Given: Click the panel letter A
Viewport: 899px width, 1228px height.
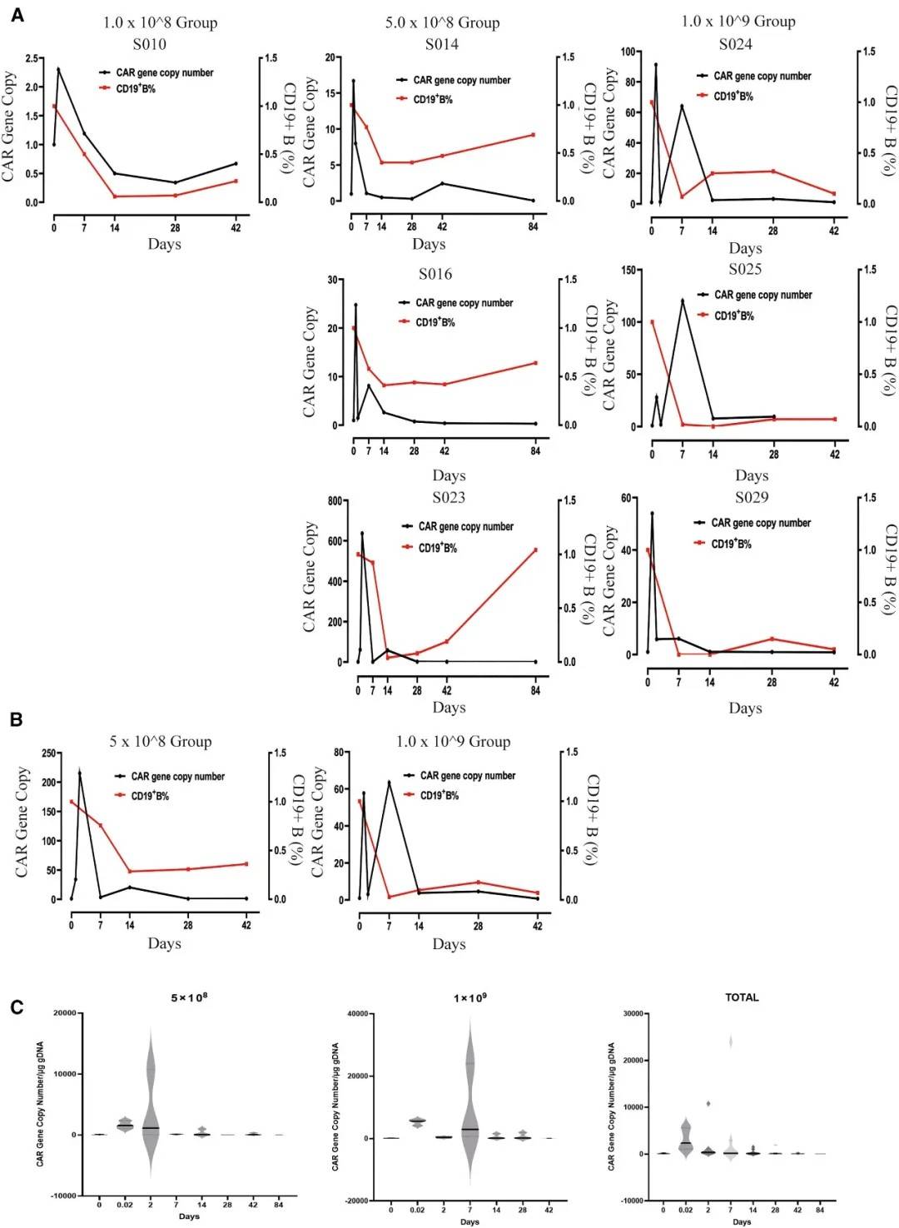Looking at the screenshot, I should [17, 15].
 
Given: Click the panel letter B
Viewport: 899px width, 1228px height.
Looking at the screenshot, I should [17, 719].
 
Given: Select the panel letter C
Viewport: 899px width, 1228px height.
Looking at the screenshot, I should [17, 1007].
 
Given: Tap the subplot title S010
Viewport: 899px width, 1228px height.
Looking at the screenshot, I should [149, 44].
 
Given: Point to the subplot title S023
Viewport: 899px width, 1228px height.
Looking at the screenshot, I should [449, 498].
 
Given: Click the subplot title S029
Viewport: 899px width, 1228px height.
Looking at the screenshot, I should [752, 498].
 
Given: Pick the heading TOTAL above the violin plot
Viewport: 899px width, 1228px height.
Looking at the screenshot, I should [742, 997].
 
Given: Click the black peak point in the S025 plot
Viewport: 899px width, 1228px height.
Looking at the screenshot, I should [683, 301].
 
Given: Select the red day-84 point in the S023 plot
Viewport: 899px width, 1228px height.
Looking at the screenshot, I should [535, 550].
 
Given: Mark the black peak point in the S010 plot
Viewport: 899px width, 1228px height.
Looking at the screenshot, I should [58, 69].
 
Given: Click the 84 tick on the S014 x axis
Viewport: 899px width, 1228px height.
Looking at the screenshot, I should [534, 226].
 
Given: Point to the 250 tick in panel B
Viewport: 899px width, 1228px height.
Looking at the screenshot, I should [48, 753].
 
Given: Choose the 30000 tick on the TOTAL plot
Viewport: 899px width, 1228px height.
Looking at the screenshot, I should [633, 1014].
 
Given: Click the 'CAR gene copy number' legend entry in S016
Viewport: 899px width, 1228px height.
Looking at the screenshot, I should [464, 303].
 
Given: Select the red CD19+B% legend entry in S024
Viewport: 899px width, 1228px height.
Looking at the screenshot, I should [733, 97].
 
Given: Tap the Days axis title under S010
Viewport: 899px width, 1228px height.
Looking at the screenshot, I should [164, 244].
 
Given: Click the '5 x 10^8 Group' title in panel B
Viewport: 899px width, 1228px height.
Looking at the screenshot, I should [161, 742].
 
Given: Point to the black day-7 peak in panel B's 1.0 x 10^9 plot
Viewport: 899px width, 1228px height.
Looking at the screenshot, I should [389, 782].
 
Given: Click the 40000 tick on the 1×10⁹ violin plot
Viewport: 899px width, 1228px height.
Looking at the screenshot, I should [357, 1014].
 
